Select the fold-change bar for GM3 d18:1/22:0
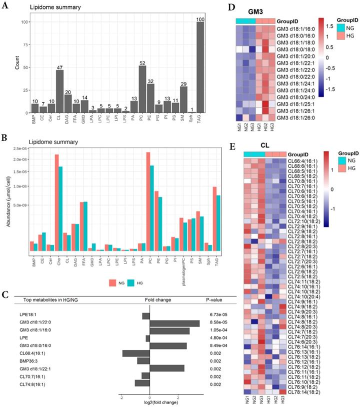[174, 323]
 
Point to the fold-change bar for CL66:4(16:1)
[135, 353]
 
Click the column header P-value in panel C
[214, 300]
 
